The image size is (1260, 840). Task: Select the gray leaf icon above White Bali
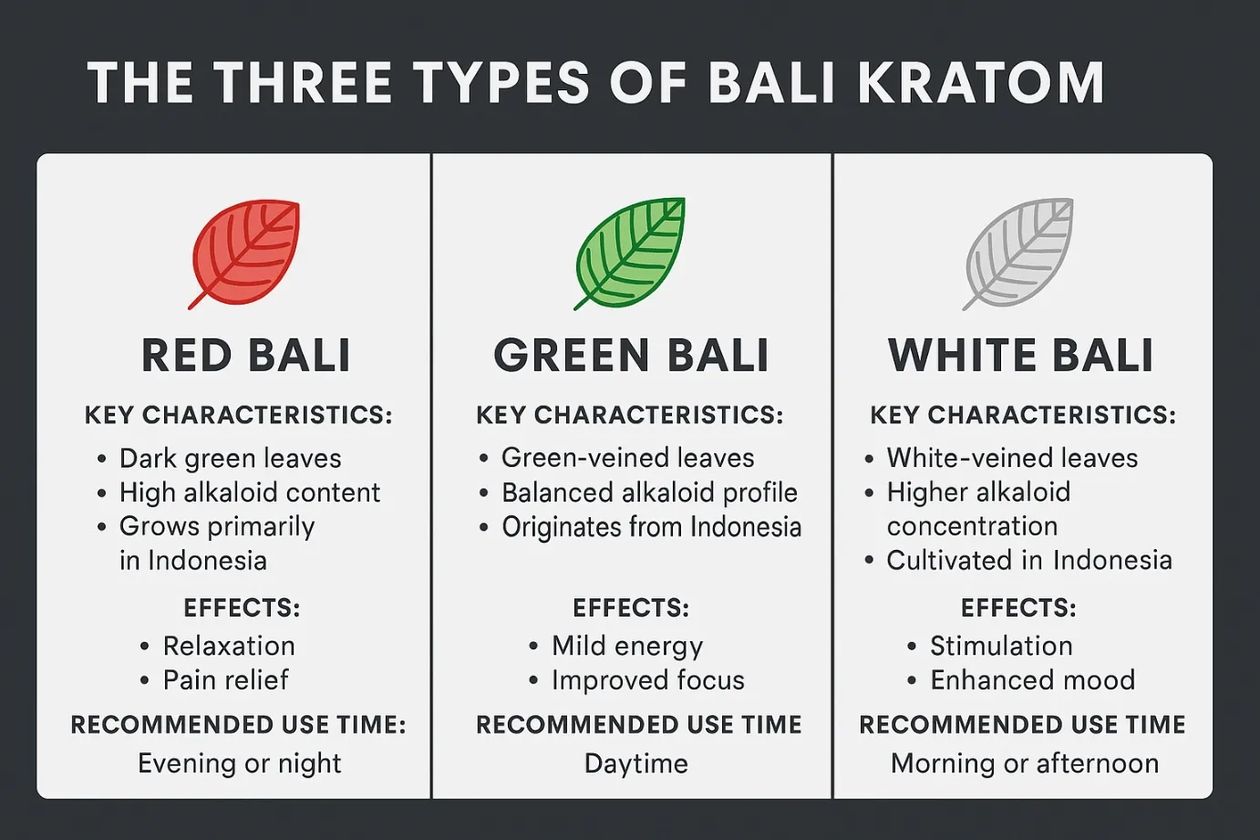point(1017,254)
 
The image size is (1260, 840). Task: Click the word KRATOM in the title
point(980,83)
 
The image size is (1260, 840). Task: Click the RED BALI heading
point(246,356)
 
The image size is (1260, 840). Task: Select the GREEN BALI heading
point(631,356)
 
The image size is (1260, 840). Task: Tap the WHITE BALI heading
point(1020,356)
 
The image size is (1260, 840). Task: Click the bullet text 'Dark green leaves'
point(230,459)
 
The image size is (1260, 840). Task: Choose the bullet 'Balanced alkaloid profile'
point(649,493)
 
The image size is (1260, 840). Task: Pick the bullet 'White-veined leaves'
point(1012,458)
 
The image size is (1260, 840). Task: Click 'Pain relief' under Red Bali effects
point(225,679)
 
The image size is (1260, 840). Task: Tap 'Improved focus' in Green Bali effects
point(648,680)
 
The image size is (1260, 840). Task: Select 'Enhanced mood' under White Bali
point(1032,679)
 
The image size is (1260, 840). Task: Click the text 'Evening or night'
point(240,764)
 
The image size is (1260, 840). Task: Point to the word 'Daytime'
point(636,764)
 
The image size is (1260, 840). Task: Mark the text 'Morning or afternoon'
point(1025,764)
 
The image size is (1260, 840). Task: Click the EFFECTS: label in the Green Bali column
point(631,608)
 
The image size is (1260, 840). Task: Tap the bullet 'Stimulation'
point(1001,646)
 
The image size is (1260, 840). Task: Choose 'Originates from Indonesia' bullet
point(651,527)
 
